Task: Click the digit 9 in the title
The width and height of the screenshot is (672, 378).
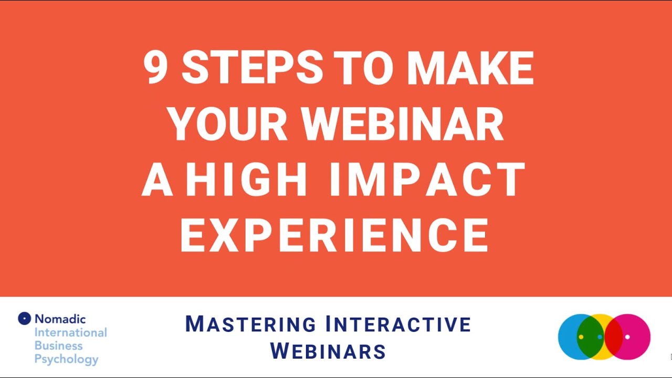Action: click(x=155, y=69)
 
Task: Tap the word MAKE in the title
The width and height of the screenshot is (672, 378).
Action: click(x=470, y=69)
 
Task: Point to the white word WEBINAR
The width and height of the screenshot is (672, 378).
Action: click(x=403, y=125)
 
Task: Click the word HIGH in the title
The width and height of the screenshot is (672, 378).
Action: click(x=247, y=180)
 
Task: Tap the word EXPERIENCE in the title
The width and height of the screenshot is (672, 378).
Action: click(x=334, y=236)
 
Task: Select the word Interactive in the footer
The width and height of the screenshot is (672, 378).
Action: click(x=398, y=324)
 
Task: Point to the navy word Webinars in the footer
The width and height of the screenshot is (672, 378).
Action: click(x=328, y=351)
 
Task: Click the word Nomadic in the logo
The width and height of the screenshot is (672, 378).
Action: click(x=60, y=319)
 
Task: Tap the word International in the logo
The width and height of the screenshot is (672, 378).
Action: click(x=70, y=332)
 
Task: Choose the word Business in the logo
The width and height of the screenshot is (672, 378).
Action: click(x=58, y=345)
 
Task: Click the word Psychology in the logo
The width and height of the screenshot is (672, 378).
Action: click(x=66, y=360)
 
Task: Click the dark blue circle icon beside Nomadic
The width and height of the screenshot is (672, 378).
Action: click(x=25, y=318)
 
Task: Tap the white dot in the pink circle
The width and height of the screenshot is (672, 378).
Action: click(x=627, y=337)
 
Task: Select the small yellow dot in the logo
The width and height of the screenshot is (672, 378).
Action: click(x=581, y=337)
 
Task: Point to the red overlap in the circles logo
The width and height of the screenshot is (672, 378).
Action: click(x=613, y=337)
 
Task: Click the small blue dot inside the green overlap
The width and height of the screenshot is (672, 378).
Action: click(x=600, y=337)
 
